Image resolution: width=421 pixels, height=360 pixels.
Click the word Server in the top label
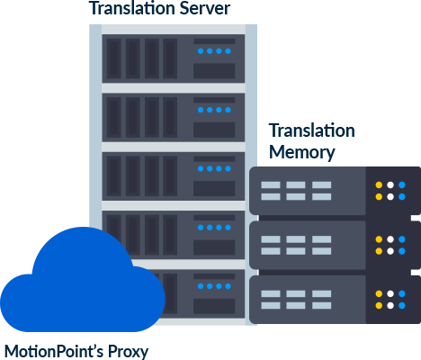(205, 8)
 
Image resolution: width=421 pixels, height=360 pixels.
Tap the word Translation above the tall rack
(132, 8)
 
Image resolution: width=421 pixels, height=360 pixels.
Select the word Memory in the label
(302, 153)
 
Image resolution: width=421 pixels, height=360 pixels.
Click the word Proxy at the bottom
(128, 351)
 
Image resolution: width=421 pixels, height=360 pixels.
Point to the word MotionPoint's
(54, 350)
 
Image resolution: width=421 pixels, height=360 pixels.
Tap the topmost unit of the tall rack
(174, 58)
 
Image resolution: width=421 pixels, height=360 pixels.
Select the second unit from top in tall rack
(174, 117)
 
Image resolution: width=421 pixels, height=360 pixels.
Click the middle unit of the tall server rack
(174, 176)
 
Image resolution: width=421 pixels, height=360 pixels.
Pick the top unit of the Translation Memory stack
(335, 191)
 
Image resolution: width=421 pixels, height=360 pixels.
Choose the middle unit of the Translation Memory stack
(335, 245)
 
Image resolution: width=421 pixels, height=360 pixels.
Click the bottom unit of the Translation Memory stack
(335, 300)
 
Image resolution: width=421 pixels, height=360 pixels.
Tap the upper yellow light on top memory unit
(379, 184)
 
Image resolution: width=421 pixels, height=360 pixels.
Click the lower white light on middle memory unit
(390, 251)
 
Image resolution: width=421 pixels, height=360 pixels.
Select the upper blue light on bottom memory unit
(402, 293)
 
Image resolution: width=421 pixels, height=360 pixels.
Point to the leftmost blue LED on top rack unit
(201, 51)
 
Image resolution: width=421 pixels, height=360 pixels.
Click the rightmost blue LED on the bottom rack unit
(228, 286)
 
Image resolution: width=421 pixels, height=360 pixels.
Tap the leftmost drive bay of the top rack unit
(114, 58)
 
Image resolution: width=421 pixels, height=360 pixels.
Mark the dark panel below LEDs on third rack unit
(214, 188)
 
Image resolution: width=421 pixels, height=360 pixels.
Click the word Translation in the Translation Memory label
(312, 130)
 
